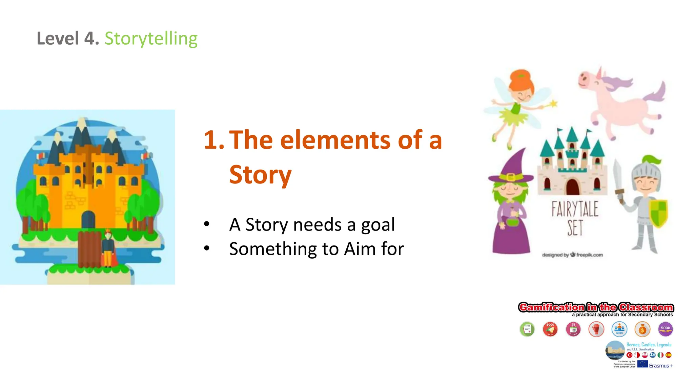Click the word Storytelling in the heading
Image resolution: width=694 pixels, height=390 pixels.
click(x=151, y=39)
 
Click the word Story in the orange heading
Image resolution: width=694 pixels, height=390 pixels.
click(x=260, y=175)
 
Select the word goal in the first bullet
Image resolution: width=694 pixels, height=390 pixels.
click(x=378, y=225)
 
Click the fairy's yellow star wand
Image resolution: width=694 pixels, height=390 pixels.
click(x=553, y=103)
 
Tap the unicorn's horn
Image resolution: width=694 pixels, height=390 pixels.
click(x=599, y=72)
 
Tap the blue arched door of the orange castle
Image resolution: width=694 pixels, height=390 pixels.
click(x=88, y=220)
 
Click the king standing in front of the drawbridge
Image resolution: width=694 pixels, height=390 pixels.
click(x=108, y=248)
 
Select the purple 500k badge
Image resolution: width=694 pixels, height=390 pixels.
click(x=665, y=329)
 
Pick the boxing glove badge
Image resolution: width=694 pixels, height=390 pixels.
click(x=596, y=329)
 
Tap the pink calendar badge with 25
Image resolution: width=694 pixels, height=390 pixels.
click(x=573, y=329)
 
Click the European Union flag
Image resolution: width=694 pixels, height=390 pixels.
click(x=642, y=364)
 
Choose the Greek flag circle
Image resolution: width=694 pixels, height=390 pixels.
click(x=653, y=355)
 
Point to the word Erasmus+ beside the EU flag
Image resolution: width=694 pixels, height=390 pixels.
click(x=660, y=366)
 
